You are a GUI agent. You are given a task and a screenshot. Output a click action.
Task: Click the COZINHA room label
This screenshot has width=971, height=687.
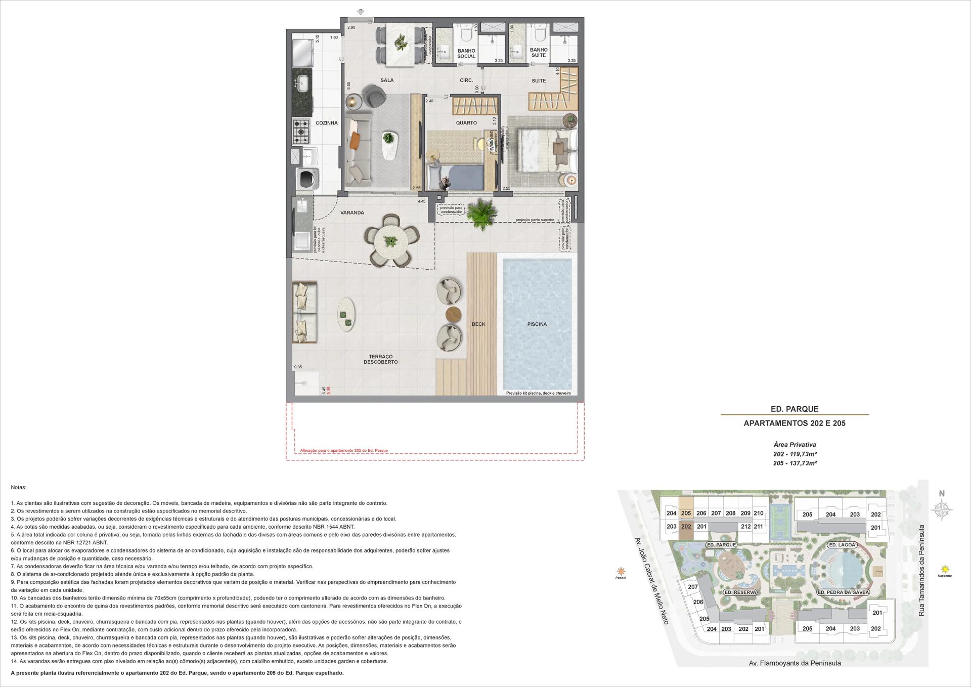point(326,123)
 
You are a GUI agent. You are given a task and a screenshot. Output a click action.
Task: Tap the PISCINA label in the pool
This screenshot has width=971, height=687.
point(537,324)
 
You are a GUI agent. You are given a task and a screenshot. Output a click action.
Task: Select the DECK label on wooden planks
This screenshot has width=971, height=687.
point(478,324)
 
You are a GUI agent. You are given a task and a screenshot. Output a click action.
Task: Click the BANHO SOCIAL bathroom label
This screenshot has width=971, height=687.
point(466,54)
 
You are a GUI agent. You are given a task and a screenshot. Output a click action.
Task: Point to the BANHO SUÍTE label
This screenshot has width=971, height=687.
point(539,53)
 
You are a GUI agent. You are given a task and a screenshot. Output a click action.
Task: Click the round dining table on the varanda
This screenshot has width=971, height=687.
point(390,241)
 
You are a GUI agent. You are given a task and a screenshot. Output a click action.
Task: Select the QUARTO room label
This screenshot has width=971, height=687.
point(466,123)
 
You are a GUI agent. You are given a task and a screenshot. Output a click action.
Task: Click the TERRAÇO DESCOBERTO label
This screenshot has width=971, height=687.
point(380,359)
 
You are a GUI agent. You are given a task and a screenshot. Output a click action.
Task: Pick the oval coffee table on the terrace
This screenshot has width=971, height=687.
point(346,314)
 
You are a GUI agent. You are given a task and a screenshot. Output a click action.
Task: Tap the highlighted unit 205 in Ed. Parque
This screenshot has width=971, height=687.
point(686,513)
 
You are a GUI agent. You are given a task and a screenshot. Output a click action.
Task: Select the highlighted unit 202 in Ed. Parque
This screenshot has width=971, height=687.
point(686,526)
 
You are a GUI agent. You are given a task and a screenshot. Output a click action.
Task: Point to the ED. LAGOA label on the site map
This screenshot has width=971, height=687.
point(842,545)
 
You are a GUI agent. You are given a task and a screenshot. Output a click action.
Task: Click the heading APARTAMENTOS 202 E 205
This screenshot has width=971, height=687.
point(794,423)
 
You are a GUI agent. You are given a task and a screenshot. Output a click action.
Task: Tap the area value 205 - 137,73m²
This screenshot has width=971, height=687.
point(795,463)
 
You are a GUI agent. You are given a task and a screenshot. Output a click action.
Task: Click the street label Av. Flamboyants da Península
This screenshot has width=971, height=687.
point(795,663)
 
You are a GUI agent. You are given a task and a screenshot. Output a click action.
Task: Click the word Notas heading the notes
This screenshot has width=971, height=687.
point(18,487)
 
